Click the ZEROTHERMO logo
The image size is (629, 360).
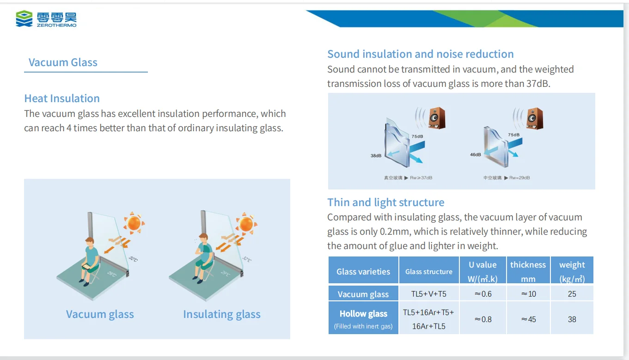[x=46, y=19]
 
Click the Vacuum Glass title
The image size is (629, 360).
[x=63, y=62]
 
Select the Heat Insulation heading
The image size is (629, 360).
[x=62, y=98]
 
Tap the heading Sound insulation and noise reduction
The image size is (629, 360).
[x=420, y=54]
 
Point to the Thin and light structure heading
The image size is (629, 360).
[x=385, y=202]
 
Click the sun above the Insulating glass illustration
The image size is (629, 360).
[x=246, y=224]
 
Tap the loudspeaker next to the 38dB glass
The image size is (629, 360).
[x=437, y=118]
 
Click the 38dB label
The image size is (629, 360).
[x=376, y=156]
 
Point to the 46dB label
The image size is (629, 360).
[x=475, y=154]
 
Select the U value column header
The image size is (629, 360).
[x=482, y=271]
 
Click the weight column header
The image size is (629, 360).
[x=572, y=271]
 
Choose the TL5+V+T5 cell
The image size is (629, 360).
[x=428, y=294]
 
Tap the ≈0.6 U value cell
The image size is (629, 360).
[x=482, y=294]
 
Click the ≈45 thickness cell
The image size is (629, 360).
[x=528, y=319]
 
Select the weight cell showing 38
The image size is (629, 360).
[x=572, y=319]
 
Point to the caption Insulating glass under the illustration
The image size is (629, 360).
[x=221, y=314]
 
